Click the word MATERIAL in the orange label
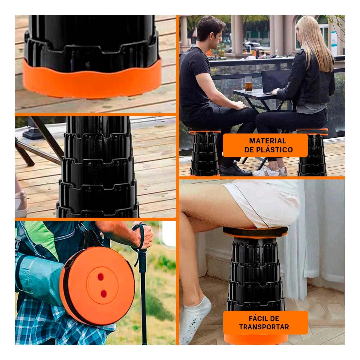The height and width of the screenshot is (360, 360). (x=267, y=141)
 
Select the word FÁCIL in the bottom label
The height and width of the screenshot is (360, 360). (x=257, y=318)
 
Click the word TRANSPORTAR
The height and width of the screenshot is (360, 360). (x=264, y=327)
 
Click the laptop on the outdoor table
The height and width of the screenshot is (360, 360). (x=275, y=82)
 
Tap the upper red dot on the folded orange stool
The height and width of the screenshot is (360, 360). (x=100, y=277)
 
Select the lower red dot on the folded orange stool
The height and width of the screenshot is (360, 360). (x=103, y=294)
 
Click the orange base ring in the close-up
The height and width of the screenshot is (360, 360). (x=92, y=79)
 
